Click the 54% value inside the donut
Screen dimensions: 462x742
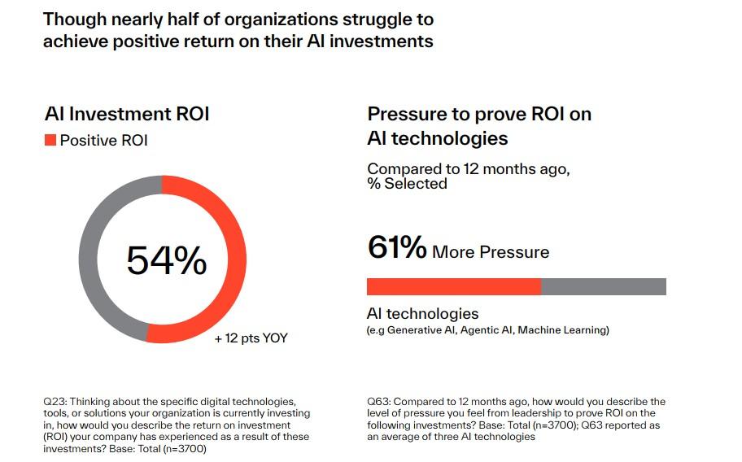pyautogui.click(x=167, y=260)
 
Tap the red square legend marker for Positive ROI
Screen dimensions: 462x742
pyautogui.click(x=50, y=140)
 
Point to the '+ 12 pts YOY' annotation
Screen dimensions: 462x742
pyautogui.click(x=251, y=338)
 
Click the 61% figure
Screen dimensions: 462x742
pyautogui.click(x=397, y=248)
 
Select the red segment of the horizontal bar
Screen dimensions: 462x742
pyautogui.click(x=453, y=286)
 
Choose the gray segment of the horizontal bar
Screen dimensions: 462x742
pyautogui.click(x=603, y=286)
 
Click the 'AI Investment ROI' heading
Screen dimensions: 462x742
pyautogui.click(x=126, y=114)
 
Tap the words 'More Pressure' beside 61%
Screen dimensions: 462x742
pyautogui.click(x=491, y=252)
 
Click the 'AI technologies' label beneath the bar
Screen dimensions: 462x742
pyautogui.click(x=422, y=314)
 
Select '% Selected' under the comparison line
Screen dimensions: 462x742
pyautogui.click(x=407, y=184)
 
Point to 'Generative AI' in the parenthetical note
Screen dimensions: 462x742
pyautogui.click(x=423, y=330)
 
